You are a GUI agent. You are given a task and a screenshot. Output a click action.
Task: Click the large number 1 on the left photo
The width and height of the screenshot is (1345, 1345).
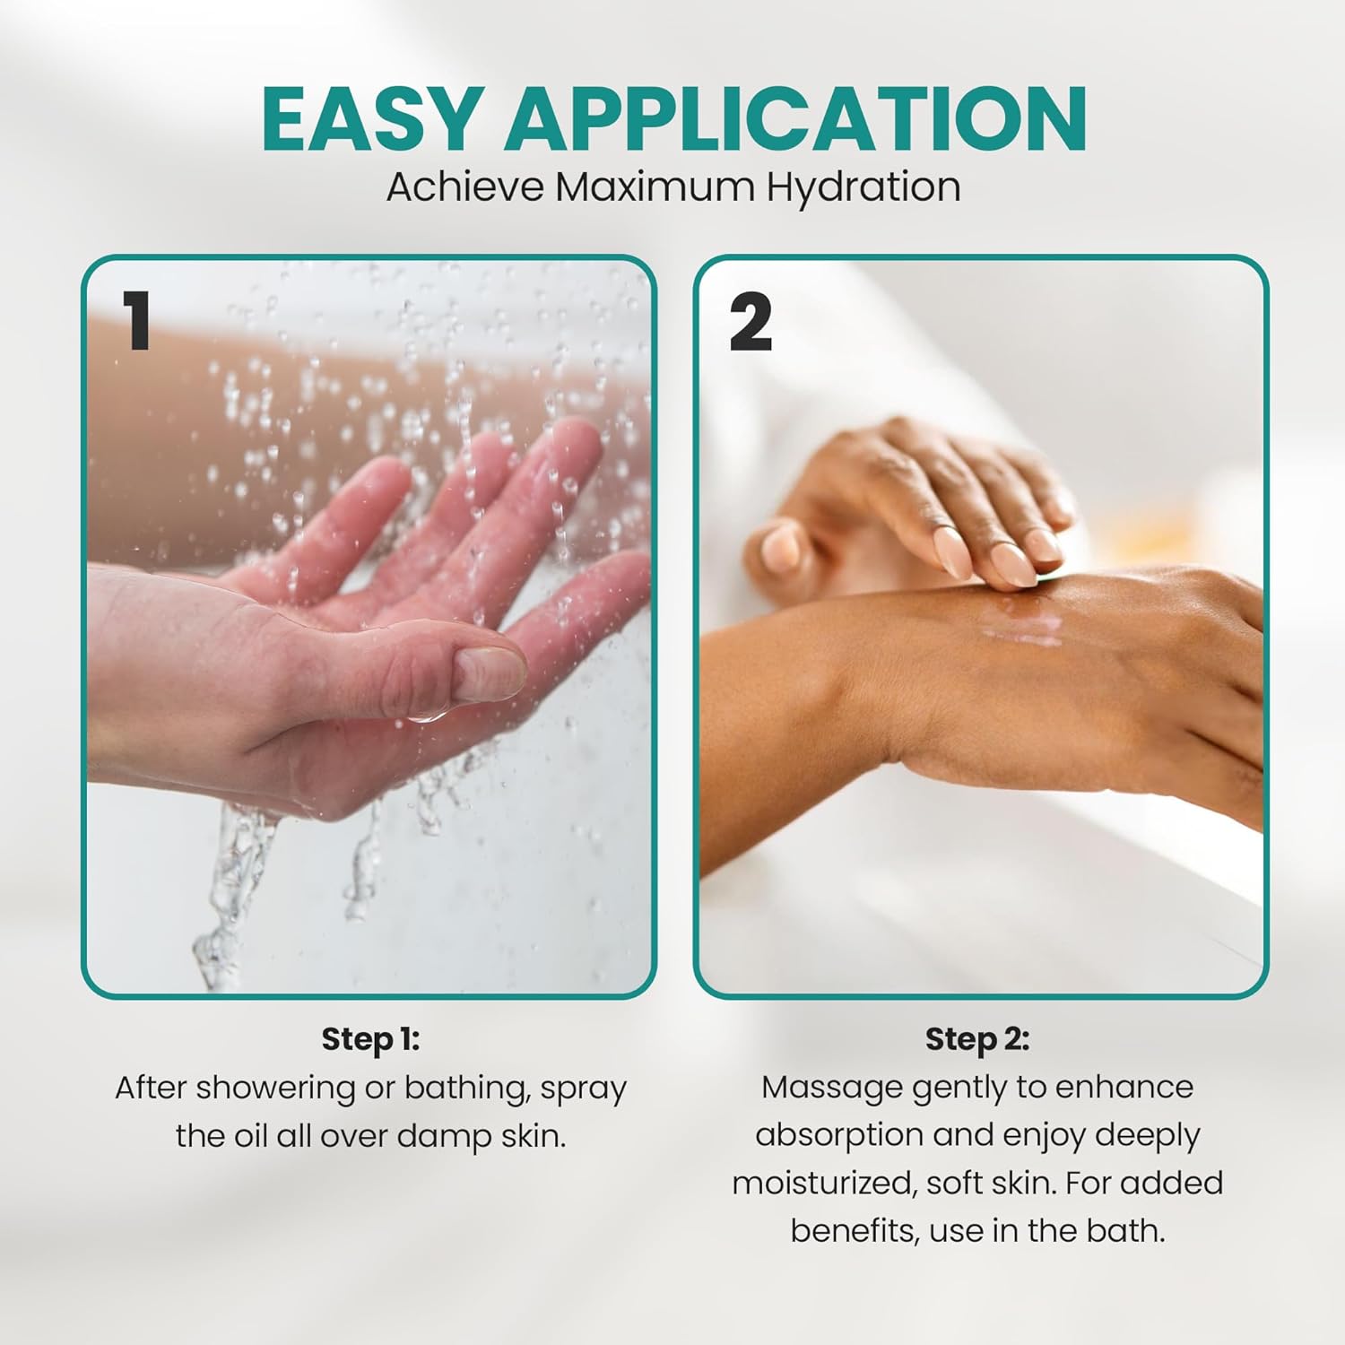(x=137, y=321)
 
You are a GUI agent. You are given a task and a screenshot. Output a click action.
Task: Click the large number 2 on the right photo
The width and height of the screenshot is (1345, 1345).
(x=751, y=322)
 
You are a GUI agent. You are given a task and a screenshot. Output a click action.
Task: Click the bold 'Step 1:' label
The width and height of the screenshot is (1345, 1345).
(x=370, y=1039)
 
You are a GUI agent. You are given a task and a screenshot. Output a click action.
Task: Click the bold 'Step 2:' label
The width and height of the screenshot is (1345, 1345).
(x=977, y=1039)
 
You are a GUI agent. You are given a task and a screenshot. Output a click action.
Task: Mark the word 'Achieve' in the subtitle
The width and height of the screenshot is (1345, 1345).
(x=465, y=187)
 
